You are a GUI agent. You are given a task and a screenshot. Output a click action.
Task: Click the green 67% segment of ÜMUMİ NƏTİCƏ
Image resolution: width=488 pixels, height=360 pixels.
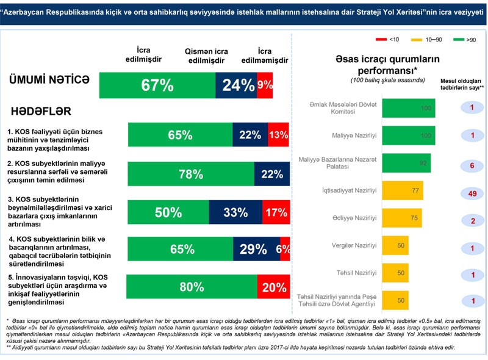(157, 85)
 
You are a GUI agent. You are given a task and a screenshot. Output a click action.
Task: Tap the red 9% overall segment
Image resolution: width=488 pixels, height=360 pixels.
(265, 85)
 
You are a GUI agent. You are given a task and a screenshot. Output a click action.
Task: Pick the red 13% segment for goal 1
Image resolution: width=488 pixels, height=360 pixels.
(278, 135)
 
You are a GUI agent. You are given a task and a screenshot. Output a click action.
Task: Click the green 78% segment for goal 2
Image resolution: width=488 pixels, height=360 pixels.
(191, 175)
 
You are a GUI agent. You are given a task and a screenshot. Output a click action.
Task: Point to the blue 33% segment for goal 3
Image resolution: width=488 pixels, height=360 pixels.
(235, 212)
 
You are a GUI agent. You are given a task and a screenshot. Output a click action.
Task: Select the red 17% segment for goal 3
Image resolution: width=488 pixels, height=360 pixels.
(276, 212)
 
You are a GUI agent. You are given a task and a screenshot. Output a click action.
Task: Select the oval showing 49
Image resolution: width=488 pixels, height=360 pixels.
(473, 194)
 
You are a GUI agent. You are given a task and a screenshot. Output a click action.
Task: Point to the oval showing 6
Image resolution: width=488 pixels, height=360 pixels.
(473, 166)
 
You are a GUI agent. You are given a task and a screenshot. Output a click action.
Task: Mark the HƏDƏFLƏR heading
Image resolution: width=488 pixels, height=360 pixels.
(40, 111)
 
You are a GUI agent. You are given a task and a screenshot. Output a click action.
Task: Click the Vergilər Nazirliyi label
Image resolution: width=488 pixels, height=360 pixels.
(356, 245)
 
